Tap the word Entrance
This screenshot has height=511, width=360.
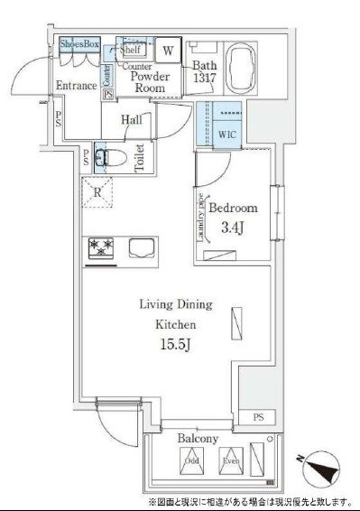coord(77,86)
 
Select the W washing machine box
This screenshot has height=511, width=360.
coord(170,49)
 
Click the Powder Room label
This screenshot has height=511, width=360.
coord(150,82)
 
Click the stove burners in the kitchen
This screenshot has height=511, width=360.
coord(100,247)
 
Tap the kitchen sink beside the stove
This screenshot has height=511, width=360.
coord(142,246)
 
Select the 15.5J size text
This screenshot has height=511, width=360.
coord(162,344)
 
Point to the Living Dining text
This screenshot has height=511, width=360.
coord(162,304)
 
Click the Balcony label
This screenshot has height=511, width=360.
coord(197,438)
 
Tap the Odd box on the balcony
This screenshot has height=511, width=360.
coord(191,461)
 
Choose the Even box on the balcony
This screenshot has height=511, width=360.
coord(232,461)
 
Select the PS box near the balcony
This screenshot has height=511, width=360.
coord(259,417)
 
